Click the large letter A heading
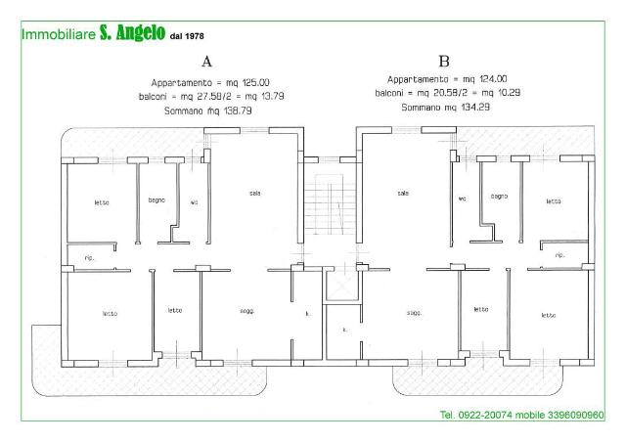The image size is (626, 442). click(x=206, y=62)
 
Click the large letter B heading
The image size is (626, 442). click(x=444, y=62)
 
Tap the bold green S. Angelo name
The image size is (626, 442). click(x=132, y=32)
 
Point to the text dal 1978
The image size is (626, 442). click(x=187, y=36)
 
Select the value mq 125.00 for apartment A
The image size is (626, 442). click(x=247, y=83)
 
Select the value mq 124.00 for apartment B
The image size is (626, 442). click(x=485, y=79)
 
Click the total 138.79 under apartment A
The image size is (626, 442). click(x=238, y=110)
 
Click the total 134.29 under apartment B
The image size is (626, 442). click(x=475, y=107)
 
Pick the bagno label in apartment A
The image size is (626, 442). click(x=156, y=200)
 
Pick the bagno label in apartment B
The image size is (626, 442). click(x=499, y=197)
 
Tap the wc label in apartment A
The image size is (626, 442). click(x=194, y=202)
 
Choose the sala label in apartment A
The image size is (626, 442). click(x=255, y=194)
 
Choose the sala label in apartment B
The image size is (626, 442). click(x=403, y=194)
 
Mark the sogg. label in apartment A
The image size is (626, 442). click(x=247, y=311)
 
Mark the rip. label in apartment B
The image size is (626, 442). click(x=560, y=255)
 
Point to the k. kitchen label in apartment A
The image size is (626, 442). click(x=307, y=314)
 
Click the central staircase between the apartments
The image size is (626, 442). click(x=330, y=204)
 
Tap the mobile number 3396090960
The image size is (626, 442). click(x=576, y=416)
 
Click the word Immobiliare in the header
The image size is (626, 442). click(x=59, y=34)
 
